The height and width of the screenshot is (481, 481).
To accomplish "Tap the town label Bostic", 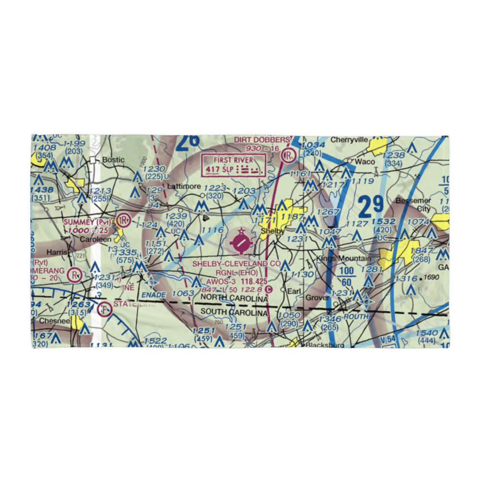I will click(113, 160).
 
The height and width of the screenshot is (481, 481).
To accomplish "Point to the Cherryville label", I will click(349, 140).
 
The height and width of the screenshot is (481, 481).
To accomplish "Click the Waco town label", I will click(365, 162).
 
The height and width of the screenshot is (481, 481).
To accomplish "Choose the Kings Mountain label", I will click(343, 259).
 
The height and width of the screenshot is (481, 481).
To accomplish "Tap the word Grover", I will click(318, 298).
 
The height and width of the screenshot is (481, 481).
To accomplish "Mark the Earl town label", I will click(293, 291).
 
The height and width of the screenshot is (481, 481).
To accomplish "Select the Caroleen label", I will click(95, 239).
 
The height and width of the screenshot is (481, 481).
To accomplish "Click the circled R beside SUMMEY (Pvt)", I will click(124, 220).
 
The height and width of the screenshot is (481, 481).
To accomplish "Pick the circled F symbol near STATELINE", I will click(104, 310).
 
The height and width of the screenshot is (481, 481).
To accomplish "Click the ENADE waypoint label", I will click(153, 295).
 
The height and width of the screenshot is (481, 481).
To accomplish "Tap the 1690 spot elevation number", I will click(432, 278).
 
